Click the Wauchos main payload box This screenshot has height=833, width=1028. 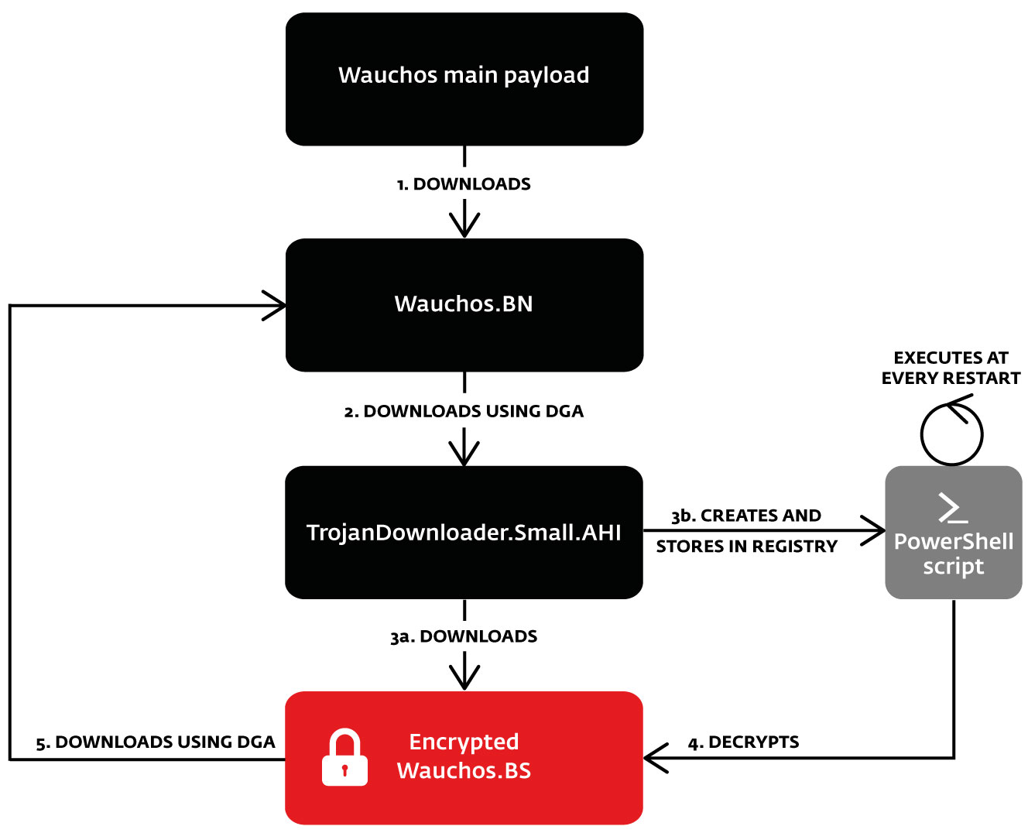point(464,79)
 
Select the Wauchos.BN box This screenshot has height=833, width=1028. point(464,305)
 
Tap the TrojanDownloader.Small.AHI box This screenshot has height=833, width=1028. point(464,533)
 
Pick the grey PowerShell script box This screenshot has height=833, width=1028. point(953,533)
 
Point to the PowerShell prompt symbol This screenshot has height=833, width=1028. point(952,508)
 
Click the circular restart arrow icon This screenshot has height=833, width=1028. point(951,432)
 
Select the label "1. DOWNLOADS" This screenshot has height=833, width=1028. point(464,184)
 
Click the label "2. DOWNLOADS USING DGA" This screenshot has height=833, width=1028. point(464,412)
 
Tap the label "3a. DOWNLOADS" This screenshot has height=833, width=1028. point(464,636)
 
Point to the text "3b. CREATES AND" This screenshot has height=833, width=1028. point(746,516)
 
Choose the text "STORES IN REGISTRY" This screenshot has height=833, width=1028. point(746,547)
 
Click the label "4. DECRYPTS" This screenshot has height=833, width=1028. point(743,742)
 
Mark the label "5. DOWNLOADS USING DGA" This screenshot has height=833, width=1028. point(156,742)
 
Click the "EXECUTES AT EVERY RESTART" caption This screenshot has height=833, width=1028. point(951,369)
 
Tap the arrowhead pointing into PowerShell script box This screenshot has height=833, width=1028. point(876,531)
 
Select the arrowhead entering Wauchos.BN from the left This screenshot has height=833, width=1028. point(277,306)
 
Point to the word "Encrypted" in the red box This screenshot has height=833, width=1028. point(464,742)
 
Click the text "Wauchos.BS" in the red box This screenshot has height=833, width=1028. point(464,771)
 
